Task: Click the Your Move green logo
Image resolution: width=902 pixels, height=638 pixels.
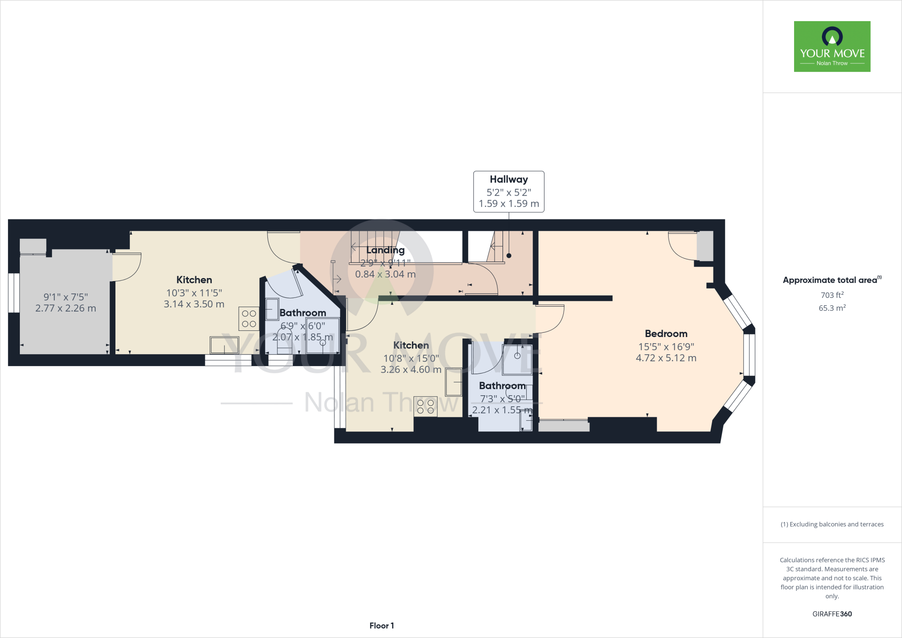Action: tap(832, 46)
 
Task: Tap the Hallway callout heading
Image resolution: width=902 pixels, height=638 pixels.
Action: tap(509, 179)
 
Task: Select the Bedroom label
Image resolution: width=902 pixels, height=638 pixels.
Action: tap(666, 334)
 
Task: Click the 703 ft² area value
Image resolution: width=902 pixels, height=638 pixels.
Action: tap(832, 295)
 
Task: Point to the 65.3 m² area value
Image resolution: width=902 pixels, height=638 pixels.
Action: tap(832, 308)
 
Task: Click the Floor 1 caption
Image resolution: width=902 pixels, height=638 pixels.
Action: tap(381, 626)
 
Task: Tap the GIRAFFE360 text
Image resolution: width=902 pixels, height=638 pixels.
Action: tap(832, 614)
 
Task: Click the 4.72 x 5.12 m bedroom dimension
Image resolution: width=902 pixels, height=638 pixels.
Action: tap(666, 358)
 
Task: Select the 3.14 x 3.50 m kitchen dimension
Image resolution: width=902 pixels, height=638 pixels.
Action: tap(194, 304)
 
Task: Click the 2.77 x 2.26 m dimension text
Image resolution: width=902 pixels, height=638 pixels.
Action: tap(66, 308)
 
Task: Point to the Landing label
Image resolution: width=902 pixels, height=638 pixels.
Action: tap(385, 250)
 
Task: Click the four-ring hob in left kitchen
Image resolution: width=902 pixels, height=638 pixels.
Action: tap(249, 319)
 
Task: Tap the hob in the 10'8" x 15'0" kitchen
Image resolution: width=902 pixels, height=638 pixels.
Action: tap(425, 407)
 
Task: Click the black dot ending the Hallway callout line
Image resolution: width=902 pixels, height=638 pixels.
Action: tap(509, 256)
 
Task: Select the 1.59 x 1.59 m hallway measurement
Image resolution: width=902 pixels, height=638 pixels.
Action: tap(509, 204)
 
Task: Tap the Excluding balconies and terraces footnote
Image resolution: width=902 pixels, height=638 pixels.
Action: tap(832, 524)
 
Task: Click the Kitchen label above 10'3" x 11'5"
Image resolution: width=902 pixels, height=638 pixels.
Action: tap(194, 280)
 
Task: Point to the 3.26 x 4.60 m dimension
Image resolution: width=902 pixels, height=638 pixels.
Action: tap(411, 370)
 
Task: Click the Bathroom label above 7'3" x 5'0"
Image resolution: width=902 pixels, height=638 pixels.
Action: tap(502, 386)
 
